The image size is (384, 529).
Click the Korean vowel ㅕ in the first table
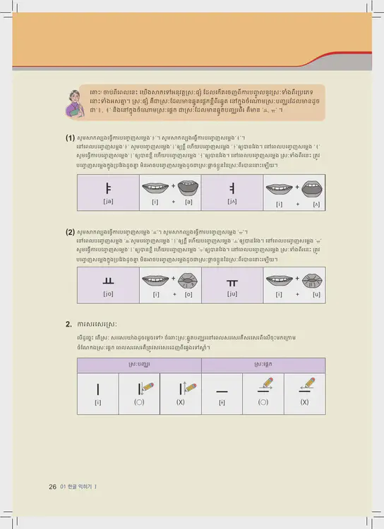pyautogui.click(x=232, y=188)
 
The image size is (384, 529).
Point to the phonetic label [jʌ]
pyautogui.click(x=232, y=203)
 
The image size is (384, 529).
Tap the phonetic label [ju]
pyautogui.click(x=232, y=293)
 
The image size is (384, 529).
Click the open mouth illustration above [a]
pyautogui.click(x=189, y=188)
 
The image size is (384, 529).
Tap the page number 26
pyautogui.click(x=52, y=487)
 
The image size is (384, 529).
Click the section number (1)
pyautogui.click(x=71, y=138)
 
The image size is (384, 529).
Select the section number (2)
pyautogui.click(x=71, y=231)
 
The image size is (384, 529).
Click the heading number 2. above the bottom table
pyautogui.click(x=68, y=324)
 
